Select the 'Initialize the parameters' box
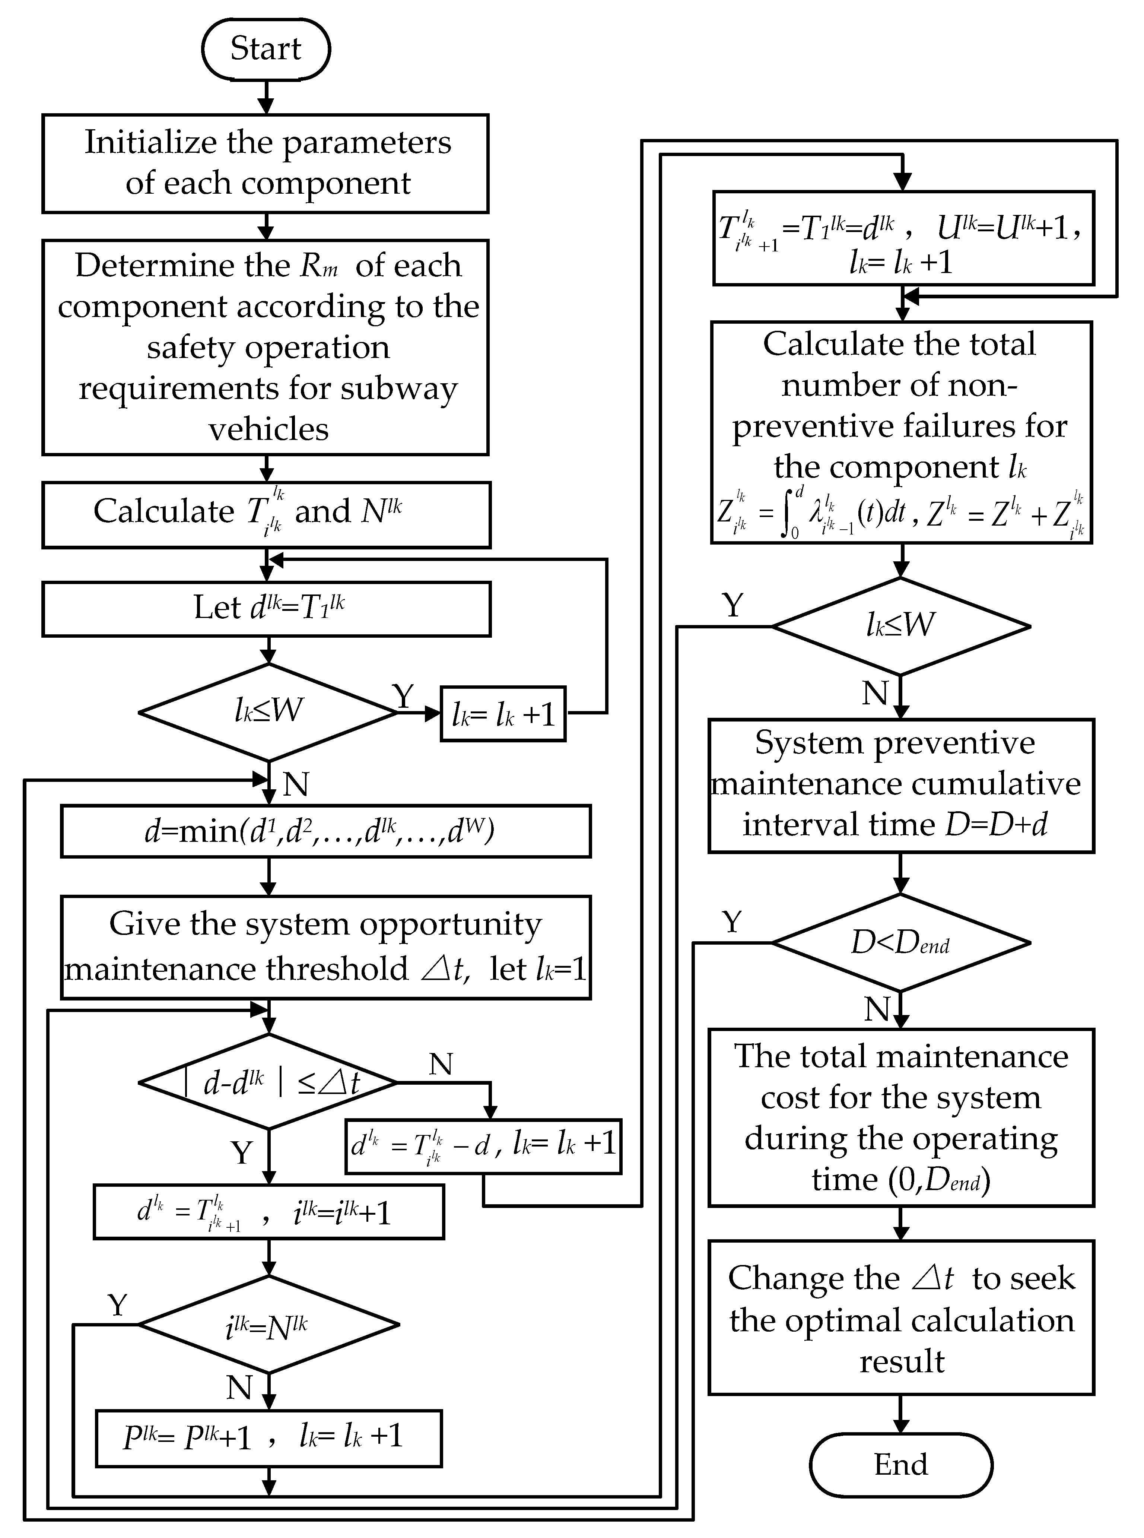(x=266, y=164)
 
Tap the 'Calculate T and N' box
(x=266, y=514)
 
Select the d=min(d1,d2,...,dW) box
(x=325, y=831)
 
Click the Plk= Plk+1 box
(x=269, y=1438)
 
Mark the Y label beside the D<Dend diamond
(x=732, y=922)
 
